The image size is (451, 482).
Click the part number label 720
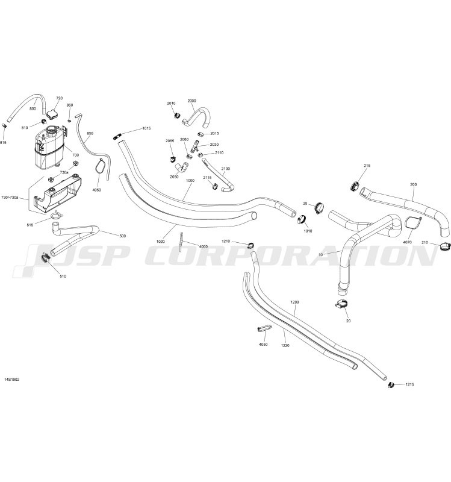59,98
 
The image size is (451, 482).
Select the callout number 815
3,143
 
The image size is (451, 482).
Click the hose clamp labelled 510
46,258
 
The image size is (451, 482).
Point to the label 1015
146,128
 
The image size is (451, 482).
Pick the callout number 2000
191,101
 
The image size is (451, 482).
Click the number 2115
207,178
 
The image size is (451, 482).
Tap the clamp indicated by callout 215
355,186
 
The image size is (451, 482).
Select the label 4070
408,242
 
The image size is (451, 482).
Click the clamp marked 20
341,304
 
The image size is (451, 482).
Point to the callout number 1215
409,384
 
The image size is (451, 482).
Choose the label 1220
285,345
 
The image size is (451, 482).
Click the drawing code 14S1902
12,380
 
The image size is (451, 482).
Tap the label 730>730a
10,198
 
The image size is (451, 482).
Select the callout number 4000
204,246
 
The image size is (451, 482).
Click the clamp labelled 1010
302,219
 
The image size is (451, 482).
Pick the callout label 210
425,243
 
